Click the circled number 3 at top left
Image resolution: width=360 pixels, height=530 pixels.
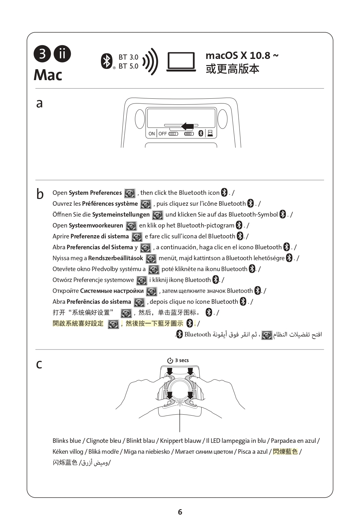42,54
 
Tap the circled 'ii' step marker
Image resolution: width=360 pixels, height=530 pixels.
62,54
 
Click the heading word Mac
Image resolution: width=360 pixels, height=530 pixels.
48,75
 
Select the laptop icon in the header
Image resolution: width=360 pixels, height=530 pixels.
181,62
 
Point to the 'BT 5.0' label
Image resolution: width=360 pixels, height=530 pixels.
128,66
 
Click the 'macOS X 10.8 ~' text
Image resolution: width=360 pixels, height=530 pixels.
242,55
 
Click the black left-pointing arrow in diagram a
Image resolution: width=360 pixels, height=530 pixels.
188,126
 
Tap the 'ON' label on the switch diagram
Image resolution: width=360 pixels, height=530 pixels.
152,134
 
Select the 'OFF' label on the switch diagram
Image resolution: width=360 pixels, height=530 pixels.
163,134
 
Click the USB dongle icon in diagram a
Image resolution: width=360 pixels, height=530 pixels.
210,133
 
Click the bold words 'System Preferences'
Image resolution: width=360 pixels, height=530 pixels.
95,193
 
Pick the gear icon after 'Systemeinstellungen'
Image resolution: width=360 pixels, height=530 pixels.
157,215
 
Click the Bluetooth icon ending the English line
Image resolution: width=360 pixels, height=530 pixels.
224,193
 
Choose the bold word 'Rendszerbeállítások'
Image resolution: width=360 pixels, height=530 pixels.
115,258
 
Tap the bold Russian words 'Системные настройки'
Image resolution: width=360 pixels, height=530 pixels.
112,291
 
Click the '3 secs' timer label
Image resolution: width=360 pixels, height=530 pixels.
181,360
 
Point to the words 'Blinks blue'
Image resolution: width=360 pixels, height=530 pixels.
67,441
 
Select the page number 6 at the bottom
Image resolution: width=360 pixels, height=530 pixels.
180,512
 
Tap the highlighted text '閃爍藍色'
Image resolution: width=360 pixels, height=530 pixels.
285,451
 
